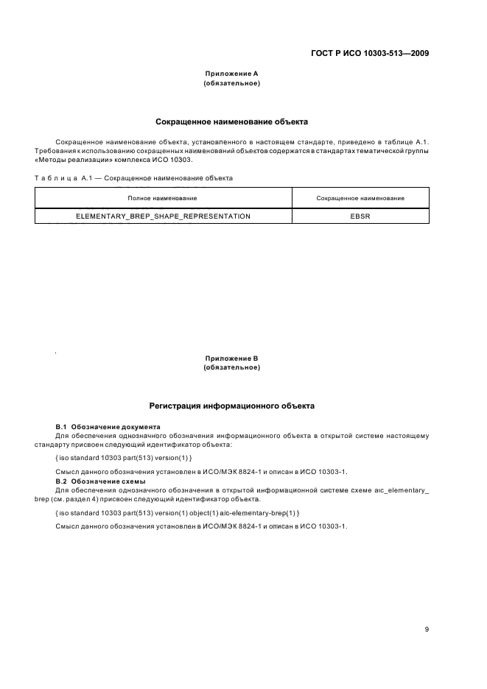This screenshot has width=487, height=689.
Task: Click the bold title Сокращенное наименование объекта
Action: coord(231,121)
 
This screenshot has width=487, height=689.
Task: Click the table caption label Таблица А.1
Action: coord(64,177)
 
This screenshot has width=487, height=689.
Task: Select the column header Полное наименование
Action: coord(162,198)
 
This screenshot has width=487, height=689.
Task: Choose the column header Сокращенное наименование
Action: coord(360,198)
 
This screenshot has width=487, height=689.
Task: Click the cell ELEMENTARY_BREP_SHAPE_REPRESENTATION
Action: coord(163,216)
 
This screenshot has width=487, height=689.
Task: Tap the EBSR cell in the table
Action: coord(360,216)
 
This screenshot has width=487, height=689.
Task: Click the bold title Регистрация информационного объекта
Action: coord(231,405)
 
